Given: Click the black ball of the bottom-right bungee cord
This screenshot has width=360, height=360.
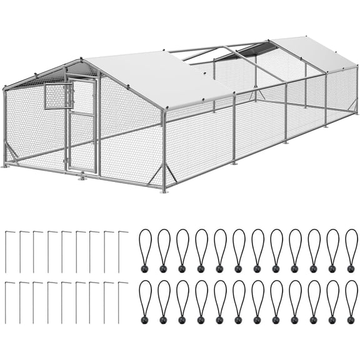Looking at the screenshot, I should tap(351, 319).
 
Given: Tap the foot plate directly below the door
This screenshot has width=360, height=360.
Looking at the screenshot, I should tap(82, 177).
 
